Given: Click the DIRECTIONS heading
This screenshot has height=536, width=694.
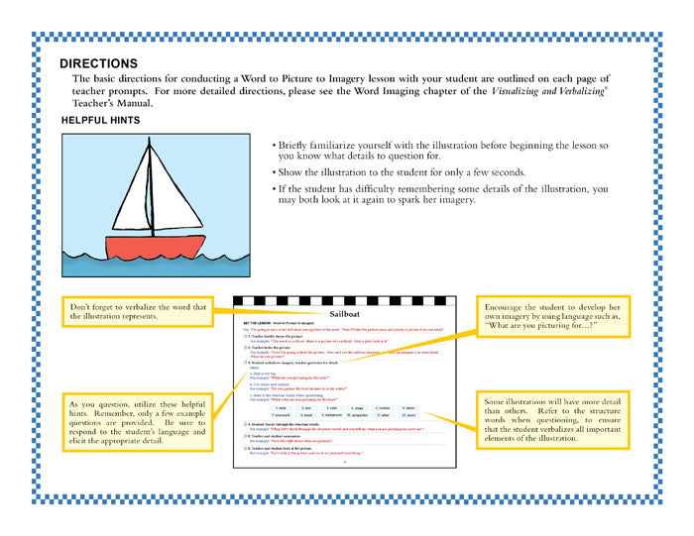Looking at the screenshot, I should click(x=98, y=63).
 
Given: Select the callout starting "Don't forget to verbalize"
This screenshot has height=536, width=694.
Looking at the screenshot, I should click(x=139, y=312).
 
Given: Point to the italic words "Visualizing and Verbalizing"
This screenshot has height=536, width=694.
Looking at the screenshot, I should click(x=573, y=90).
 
